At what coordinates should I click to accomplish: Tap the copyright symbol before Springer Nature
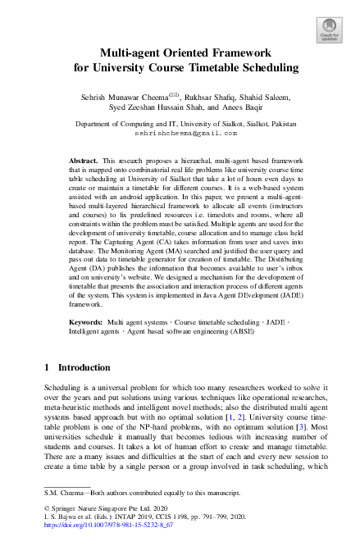[x=46, y=509]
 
